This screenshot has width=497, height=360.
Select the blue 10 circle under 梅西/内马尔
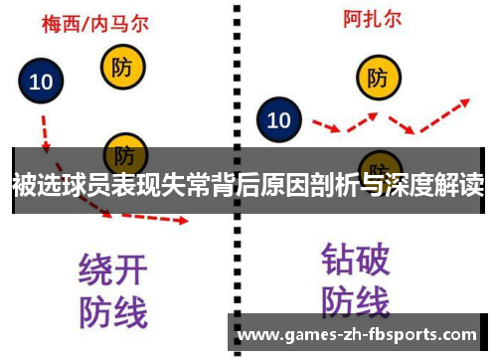tap(41, 83)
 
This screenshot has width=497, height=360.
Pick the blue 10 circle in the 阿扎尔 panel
tap(279, 120)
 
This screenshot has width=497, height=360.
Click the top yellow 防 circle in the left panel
tap(122, 68)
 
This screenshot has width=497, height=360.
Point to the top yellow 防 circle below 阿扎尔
tap(378, 77)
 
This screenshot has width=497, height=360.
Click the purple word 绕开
tap(112, 269)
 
